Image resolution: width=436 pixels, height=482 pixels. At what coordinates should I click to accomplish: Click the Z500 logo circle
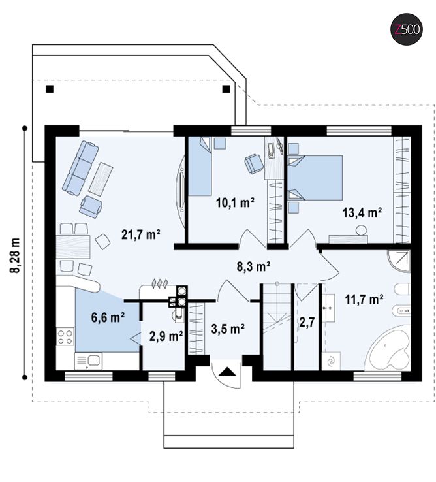[407, 30]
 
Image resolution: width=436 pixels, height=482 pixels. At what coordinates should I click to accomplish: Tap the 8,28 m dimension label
[15, 255]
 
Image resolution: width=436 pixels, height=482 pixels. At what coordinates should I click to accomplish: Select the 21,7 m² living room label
[141, 234]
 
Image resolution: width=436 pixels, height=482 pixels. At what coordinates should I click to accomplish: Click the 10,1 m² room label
[236, 202]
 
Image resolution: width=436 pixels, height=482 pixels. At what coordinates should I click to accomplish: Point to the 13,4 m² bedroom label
[362, 212]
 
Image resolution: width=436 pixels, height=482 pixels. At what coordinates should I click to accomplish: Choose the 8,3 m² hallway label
[253, 266]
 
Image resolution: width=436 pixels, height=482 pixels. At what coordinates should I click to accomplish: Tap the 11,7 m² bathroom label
[364, 299]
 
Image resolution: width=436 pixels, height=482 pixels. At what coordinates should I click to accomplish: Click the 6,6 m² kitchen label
[108, 317]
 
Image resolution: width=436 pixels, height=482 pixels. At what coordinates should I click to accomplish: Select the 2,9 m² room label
[166, 336]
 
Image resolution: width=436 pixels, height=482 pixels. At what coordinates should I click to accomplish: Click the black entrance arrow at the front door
[228, 372]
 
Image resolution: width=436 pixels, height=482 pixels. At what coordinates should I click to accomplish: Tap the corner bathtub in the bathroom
[389, 349]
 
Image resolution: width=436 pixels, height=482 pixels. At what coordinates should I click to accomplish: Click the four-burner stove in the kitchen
[65, 336]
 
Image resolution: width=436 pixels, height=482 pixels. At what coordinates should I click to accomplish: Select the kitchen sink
[89, 361]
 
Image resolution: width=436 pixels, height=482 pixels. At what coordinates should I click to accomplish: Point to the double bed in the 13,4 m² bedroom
[315, 178]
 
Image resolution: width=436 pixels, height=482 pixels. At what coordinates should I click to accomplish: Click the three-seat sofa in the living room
[80, 168]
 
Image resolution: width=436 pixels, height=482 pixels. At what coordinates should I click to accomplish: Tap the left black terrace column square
[50, 89]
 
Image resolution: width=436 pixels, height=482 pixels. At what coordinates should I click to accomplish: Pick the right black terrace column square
[226, 89]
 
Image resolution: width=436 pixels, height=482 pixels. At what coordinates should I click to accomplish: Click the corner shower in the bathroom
[399, 261]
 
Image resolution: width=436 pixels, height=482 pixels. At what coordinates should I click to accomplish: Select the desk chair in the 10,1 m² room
[254, 163]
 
